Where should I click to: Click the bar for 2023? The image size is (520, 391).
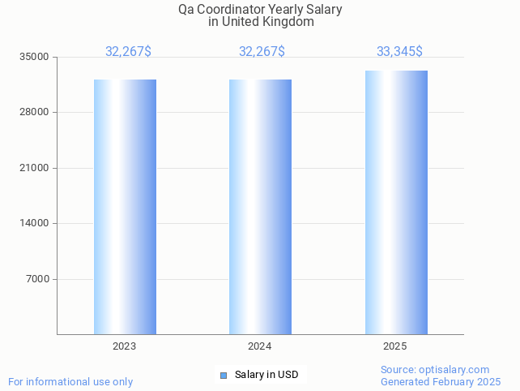(x=125, y=207)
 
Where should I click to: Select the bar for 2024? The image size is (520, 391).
(x=260, y=207)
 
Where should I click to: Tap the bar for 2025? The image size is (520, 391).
(x=396, y=203)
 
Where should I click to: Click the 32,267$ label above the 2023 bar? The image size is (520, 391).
(x=128, y=52)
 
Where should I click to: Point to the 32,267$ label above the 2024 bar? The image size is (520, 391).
(x=262, y=52)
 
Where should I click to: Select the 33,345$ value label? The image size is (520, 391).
(x=399, y=52)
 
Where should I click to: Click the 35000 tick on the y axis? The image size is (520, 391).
(x=35, y=57)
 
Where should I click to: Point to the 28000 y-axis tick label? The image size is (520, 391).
(x=35, y=112)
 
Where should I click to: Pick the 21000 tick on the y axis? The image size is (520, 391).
(x=35, y=168)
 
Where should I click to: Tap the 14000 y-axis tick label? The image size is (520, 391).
(x=35, y=223)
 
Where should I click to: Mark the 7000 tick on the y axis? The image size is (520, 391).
(x=37, y=279)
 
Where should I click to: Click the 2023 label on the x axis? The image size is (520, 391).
(x=124, y=346)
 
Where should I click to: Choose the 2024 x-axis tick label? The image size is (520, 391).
(x=259, y=346)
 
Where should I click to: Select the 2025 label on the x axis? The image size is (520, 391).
(x=394, y=346)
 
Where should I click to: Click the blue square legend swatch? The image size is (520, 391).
(x=224, y=375)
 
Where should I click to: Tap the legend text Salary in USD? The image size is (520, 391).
(x=266, y=375)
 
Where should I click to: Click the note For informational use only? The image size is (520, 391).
(x=70, y=381)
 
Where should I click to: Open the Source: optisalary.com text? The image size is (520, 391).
(x=435, y=369)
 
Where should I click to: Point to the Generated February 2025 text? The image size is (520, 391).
(x=441, y=381)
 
